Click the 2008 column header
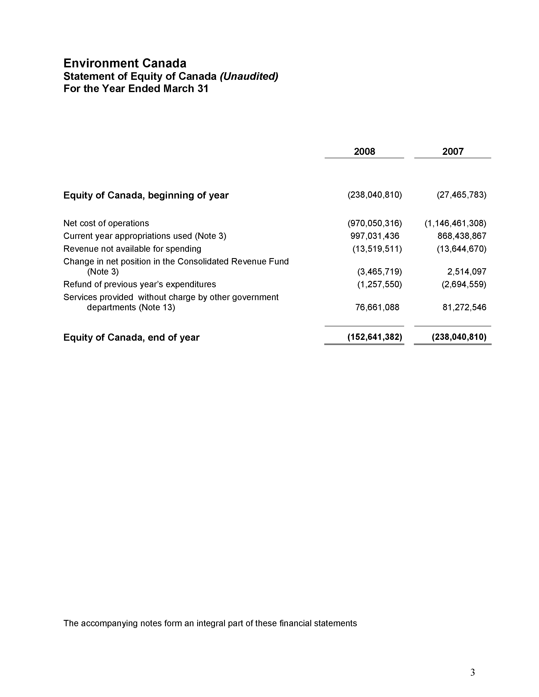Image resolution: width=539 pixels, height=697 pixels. pyautogui.click(x=364, y=151)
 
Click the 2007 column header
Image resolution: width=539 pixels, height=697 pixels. pyautogui.click(x=453, y=151)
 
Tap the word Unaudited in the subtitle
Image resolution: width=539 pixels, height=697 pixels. pyautogui.click(x=249, y=76)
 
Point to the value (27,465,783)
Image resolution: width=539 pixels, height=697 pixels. pyautogui.click(x=461, y=195)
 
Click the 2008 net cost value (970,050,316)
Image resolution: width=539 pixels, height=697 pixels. pyautogui.click(x=375, y=223)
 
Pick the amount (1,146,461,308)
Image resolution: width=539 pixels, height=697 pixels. pyautogui.click(x=455, y=223)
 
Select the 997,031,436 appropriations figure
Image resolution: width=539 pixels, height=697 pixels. pyautogui.click(x=375, y=236)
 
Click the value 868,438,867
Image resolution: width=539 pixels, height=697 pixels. pyautogui.click(x=462, y=236)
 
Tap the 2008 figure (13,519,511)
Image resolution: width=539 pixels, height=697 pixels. pyautogui.click(x=377, y=249)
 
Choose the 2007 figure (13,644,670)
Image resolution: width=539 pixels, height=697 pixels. pyautogui.click(x=461, y=249)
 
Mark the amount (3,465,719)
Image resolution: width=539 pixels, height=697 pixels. pyautogui.click(x=379, y=272)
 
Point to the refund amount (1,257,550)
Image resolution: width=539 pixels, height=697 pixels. pyautogui.click(x=379, y=284)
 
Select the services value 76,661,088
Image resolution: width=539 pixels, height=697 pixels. pyautogui.click(x=377, y=307)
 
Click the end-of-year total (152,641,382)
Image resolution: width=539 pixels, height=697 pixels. pyautogui.click(x=375, y=337)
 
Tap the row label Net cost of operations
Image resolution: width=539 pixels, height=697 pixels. pyautogui.click(x=106, y=223)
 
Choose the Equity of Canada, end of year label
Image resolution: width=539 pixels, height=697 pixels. pyautogui.click(x=131, y=337)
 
